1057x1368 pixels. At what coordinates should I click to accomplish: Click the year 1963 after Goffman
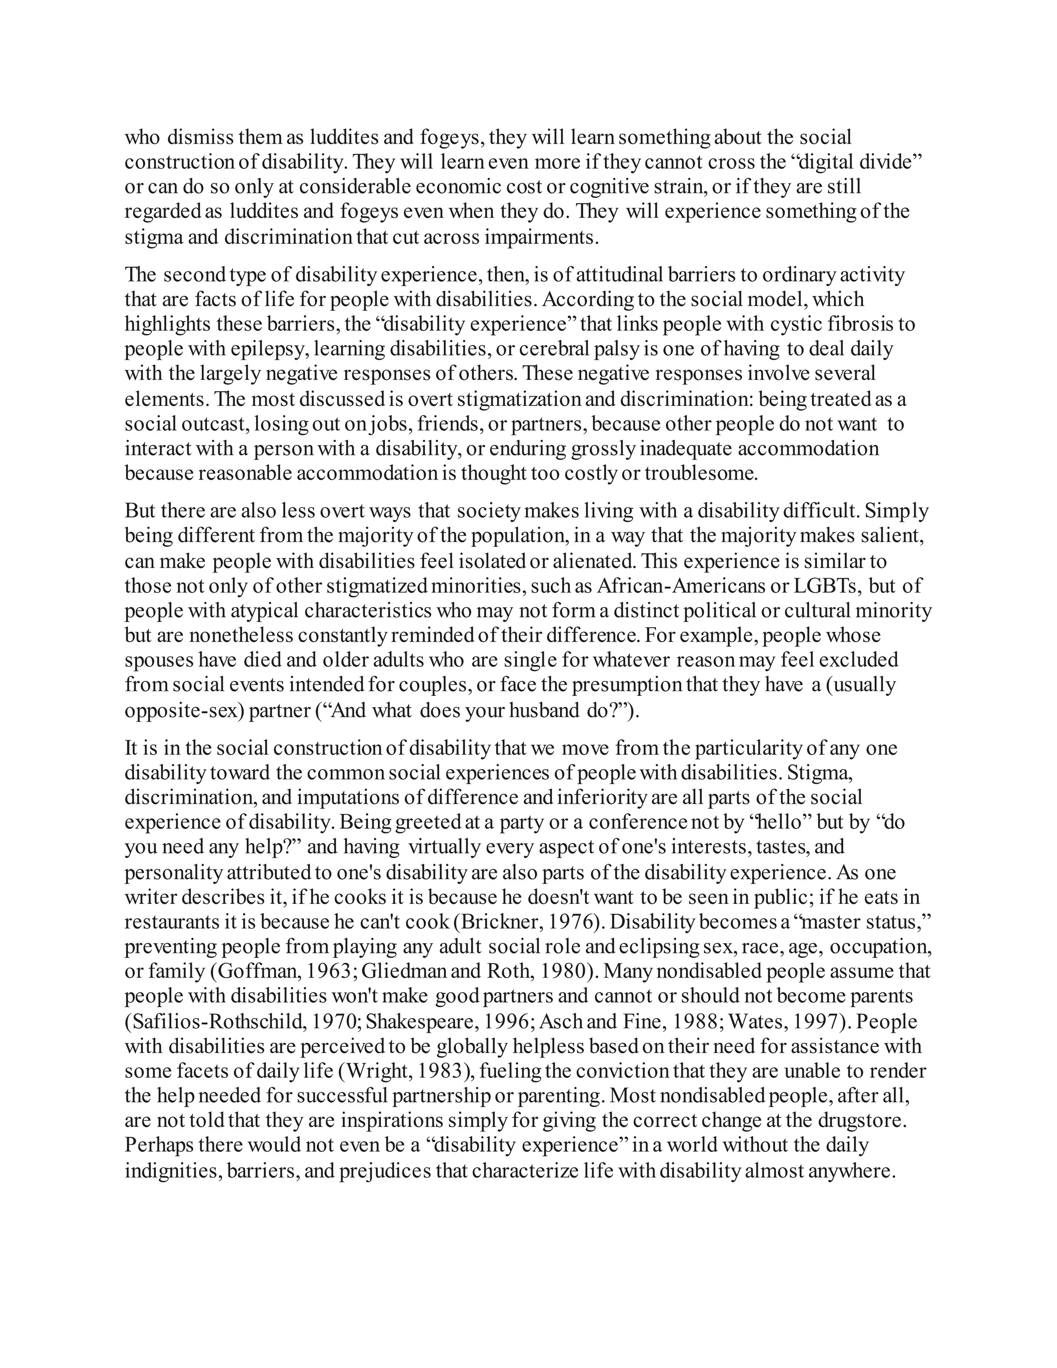click(329, 972)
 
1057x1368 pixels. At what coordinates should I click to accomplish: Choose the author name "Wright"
click(377, 1072)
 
